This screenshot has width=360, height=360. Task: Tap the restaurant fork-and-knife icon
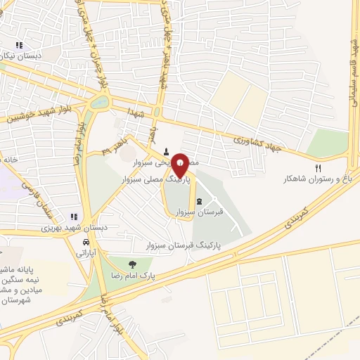[318, 168]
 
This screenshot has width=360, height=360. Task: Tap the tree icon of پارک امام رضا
[132, 264]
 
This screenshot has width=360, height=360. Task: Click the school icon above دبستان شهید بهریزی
[72, 217]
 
